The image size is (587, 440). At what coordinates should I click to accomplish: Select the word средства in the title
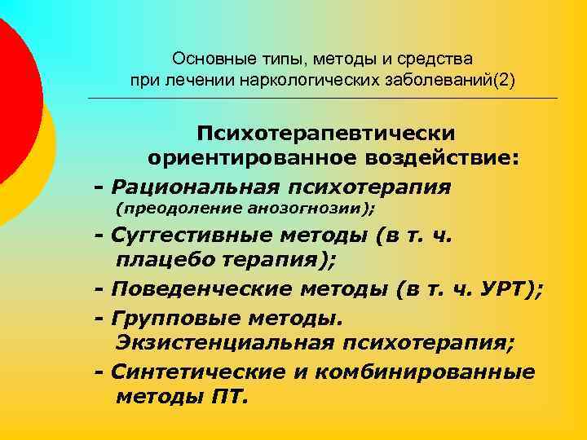point(439,59)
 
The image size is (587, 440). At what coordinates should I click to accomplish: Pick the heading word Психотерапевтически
point(324,133)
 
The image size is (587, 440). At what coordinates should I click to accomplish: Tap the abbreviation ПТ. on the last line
point(227,398)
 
